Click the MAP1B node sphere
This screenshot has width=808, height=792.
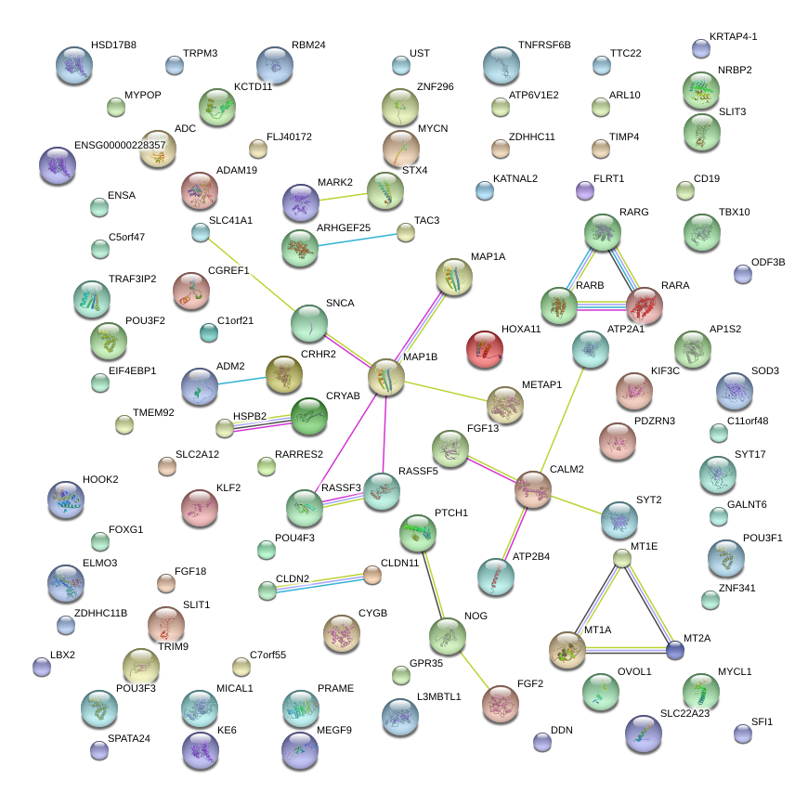coord(386,378)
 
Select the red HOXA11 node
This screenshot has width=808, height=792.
coord(484,349)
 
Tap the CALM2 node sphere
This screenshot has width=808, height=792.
coord(533,489)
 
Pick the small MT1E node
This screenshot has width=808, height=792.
coord(623,558)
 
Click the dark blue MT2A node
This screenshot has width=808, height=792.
coord(675,650)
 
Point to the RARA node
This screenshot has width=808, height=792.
coord(645,305)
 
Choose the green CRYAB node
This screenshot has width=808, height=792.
coord(309,416)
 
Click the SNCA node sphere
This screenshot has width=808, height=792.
coord(308,323)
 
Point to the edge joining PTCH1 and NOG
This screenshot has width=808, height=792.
coord(433,583)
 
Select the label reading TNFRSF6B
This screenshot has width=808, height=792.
coord(544,45)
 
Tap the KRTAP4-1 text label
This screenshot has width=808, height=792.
coord(734,36)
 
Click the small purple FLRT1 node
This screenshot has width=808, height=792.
coord(584,191)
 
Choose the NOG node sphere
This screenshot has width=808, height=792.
coord(448,635)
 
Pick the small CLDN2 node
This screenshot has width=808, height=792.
coord(267,590)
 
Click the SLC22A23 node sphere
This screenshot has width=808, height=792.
coord(644,733)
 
